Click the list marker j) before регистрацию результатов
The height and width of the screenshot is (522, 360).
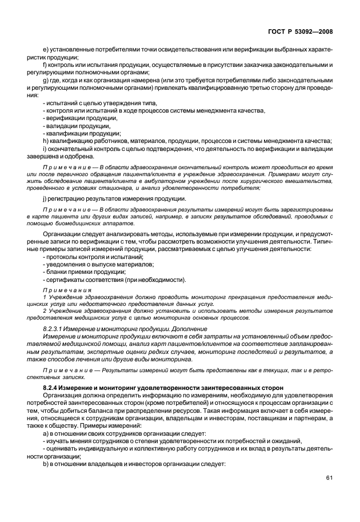coord(45,198)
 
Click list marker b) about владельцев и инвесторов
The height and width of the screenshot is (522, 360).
coord(46,464)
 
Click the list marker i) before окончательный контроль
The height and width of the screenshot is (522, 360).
coord(45,149)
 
